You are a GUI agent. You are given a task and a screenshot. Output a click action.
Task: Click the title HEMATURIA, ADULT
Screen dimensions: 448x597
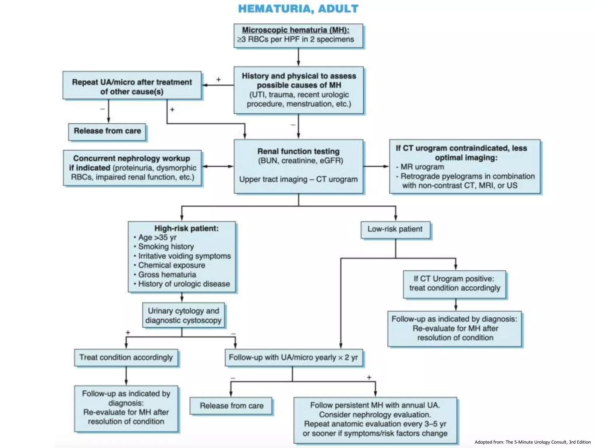[x=298, y=9]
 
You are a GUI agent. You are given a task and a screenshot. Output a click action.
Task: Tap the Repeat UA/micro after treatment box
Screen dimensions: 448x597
[x=132, y=86]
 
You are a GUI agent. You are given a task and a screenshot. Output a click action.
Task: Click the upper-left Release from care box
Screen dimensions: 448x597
[x=107, y=131]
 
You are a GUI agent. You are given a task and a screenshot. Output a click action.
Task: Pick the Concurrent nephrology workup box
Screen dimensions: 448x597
[x=132, y=168]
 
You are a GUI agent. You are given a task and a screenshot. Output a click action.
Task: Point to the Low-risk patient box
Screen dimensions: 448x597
[x=395, y=230]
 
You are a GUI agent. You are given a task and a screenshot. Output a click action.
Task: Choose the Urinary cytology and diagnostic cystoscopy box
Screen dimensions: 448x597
[x=183, y=316]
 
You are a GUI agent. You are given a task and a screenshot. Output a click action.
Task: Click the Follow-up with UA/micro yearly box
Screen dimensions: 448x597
[x=294, y=358]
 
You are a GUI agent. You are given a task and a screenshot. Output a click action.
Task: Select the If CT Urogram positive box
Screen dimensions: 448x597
[x=454, y=283]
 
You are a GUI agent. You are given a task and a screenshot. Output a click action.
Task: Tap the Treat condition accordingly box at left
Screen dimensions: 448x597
[x=126, y=358]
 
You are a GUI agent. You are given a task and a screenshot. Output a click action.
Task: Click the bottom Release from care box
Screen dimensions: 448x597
[x=231, y=406]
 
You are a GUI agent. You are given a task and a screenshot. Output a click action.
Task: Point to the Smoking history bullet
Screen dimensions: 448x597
[x=166, y=247]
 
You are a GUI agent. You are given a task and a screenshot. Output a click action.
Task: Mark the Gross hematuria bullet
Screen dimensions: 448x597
[x=167, y=275]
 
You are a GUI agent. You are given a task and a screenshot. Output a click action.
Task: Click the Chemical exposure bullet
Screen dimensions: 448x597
[x=172, y=265]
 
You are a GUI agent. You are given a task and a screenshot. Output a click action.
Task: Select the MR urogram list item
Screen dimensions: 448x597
[x=422, y=167]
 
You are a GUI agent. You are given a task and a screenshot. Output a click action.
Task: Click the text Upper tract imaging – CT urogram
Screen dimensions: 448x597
[x=298, y=179]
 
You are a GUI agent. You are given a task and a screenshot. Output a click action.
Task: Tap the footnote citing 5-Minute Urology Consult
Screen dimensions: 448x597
[x=533, y=442]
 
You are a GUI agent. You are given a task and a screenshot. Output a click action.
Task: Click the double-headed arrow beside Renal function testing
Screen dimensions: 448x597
[x=217, y=167]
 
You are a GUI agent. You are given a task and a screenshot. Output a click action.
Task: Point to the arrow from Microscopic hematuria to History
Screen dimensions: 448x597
[x=298, y=57]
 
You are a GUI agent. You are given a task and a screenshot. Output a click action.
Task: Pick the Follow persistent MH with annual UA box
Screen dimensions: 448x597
[x=375, y=419]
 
